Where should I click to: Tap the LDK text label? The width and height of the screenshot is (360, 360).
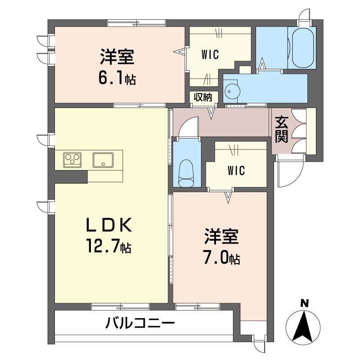pyautogui.click(x=109, y=225)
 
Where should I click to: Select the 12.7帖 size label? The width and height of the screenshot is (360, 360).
pyautogui.click(x=109, y=246)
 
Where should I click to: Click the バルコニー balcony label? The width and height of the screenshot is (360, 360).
pyautogui.click(x=140, y=323)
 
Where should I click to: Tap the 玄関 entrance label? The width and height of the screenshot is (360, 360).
pyautogui.click(x=282, y=130)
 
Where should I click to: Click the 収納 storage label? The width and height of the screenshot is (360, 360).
pyautogui.click(x=203, y=97)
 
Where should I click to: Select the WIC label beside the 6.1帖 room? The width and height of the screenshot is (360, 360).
pyautogui.click(x=210, y=54)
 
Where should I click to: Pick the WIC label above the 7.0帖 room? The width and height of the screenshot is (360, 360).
pyautogui.click(x=236, y=171)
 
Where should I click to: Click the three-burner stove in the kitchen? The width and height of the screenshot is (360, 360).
pyautogui.click(x=72, y=160)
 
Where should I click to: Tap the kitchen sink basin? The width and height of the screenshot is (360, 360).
pyautogui.click(x=103, y=160)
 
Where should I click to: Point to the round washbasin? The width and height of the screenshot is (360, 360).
pyautogui.click(x=232, y=91)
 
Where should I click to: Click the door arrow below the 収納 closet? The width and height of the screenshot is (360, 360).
pyautogui.click(x=211, y=112)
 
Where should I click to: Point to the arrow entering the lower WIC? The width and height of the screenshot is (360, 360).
pyautogui.click(x=228, y=197)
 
